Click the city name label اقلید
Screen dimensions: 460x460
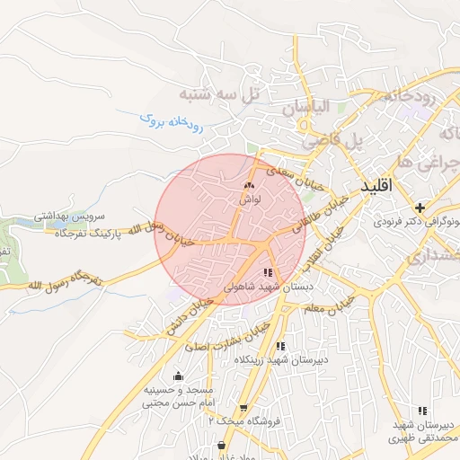coord(376,187)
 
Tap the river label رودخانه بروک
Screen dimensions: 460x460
coord(172,122)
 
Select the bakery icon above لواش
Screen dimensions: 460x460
coord(249,186)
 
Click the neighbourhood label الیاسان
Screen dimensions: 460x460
coord(306,107)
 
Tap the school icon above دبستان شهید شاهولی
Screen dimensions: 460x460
coord(268,272)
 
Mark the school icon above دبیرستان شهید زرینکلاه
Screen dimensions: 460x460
coord(281,346)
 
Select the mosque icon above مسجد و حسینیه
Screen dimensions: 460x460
coord(178,376)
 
